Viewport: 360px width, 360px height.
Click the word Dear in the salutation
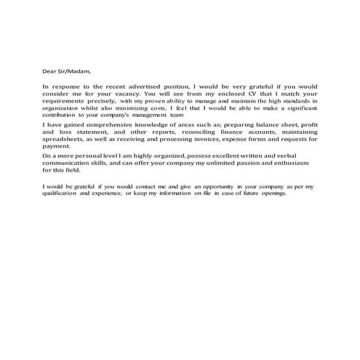[x=48, y=71]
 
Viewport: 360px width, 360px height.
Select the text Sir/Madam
[x=76, y=71]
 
